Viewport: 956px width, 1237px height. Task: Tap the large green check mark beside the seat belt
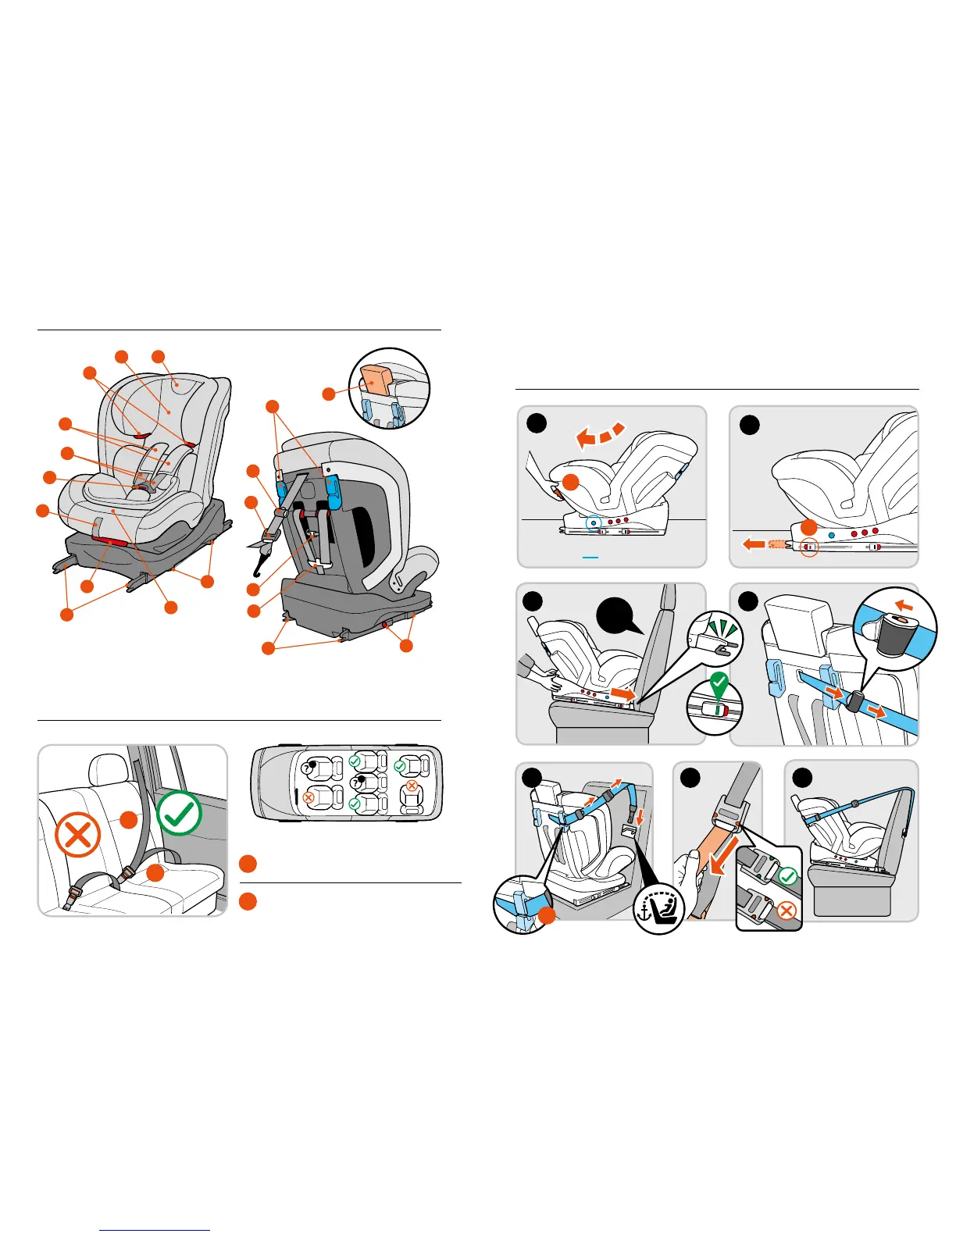[180, 813]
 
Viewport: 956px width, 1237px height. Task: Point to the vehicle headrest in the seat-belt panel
[109, 770]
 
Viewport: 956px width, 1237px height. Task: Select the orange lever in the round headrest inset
[376, 381]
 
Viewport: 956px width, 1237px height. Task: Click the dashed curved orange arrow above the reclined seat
[600, 435]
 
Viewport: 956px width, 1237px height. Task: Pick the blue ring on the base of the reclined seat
[594, 522]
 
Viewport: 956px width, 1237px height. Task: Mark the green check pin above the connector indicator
[719, 686]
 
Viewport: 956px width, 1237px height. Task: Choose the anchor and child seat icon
[659, 908]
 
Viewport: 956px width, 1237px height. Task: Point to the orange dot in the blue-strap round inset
[547, 916]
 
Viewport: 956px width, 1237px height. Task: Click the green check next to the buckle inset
[788, 876]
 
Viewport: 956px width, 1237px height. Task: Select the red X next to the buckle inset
[787, 911]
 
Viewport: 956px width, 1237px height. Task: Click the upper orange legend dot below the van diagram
[248, 864]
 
